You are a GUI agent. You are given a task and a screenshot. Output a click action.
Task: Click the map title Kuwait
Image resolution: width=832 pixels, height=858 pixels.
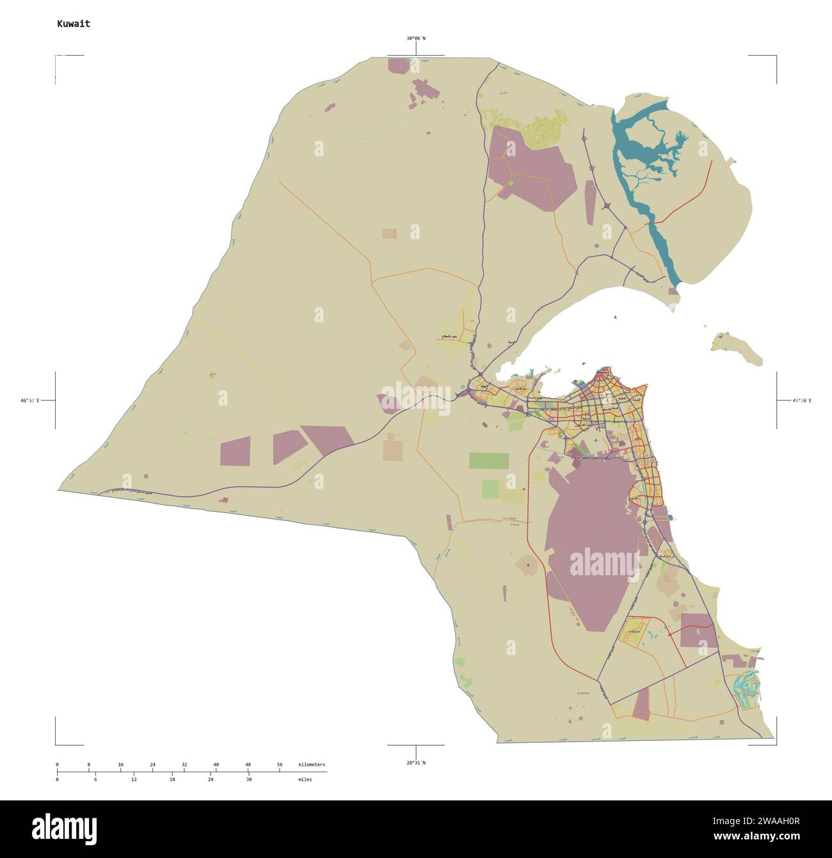[x=74, y=24]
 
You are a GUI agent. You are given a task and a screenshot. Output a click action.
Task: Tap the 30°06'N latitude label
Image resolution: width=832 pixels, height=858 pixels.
[x=415, y=38]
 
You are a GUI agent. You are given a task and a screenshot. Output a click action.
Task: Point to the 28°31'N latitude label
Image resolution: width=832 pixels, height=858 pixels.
[x=415, y=763]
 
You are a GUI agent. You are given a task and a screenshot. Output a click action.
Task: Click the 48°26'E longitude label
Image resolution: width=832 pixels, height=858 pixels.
[x=801, y=401]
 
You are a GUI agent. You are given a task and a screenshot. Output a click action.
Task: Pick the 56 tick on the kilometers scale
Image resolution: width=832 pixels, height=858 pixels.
[x=280, y=765]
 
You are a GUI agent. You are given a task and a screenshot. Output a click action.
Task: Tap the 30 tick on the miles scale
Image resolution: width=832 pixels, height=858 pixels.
[x=249, y=780]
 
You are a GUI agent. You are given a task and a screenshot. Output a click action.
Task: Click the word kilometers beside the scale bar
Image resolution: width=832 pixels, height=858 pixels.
[x=311, y=765]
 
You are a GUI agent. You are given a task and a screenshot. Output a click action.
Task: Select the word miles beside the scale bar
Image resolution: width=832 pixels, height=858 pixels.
[x=305, y=780]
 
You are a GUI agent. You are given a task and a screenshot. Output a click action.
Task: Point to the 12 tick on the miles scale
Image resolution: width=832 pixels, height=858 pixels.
[x=134, y=780]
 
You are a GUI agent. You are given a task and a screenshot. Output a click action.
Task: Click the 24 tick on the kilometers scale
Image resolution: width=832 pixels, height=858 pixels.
[x=152, y=765]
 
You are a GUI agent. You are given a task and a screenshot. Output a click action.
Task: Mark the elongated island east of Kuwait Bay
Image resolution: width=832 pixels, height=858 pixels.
[x=739, y=349]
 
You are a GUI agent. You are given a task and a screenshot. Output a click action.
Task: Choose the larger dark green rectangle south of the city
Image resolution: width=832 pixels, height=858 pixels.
[x=489, y=461]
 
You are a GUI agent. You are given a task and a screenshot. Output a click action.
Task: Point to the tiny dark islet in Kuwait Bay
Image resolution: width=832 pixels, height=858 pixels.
[x=614, y=317]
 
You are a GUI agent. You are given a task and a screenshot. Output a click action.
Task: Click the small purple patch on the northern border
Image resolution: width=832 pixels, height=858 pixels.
[x=398, y=65]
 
